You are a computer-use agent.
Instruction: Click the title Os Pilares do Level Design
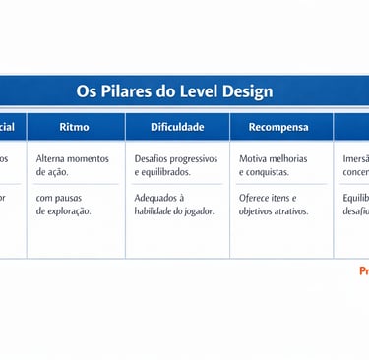coord(174,91)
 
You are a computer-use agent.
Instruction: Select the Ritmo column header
coord(74,127)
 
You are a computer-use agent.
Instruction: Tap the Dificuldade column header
coord(177,127)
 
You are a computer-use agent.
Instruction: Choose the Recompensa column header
coord(277,127)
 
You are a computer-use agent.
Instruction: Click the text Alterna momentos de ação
coord(72,165)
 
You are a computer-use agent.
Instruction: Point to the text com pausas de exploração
coord(64,204)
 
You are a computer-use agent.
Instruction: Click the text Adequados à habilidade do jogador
coord(173,204)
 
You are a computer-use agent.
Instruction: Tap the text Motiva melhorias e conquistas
coord(273,165)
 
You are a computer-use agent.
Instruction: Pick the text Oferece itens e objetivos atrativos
coord(274,204)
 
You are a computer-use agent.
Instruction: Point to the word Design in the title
coord(247,91)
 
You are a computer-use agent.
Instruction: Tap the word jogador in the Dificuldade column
coord(196,210)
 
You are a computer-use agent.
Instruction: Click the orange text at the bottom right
coord(363,270)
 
